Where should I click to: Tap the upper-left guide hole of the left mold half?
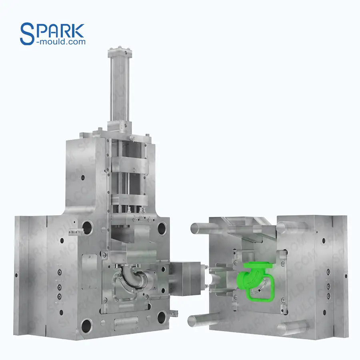[x=88, y=227]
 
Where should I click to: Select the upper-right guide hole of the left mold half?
[x=162, y=228]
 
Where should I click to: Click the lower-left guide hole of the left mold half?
[x=87, y=326]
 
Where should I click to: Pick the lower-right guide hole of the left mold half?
[x=162, y=317]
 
